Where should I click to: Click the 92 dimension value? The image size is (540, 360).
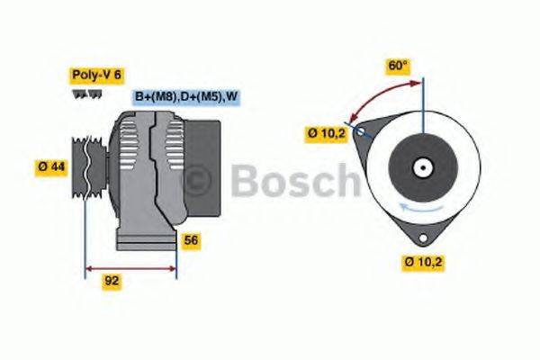tap(112, 280)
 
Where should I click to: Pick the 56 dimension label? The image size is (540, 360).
tap(192, 240)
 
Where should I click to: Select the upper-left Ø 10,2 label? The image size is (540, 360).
tap(326, 134)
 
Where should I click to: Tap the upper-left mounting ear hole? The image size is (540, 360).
tap(361, 132)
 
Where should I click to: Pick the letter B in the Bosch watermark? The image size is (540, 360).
tap(248, 181)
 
